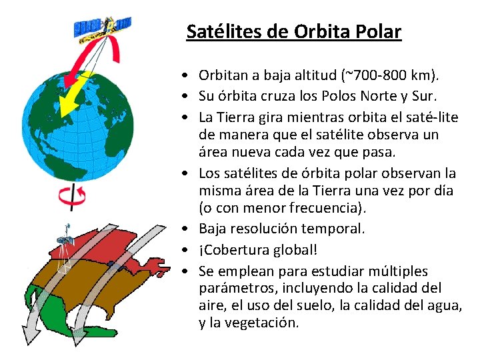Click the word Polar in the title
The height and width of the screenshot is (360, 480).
(378, 31)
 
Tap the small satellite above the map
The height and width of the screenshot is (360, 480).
(65, 239)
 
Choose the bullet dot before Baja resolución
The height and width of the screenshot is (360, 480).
(191, 229)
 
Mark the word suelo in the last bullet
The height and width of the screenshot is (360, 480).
(317, 305)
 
